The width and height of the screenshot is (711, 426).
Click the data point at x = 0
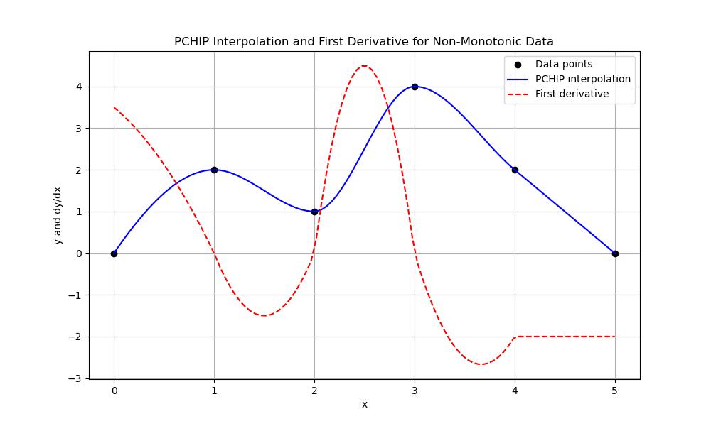click(x=114, y=253)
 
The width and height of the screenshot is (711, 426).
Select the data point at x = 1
click(x=214, y=170)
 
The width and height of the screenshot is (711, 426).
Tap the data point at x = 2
click(x=314, y=212)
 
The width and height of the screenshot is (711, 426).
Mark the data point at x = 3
click(x=415, y=87)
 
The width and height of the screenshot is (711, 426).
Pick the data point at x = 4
click(x=515, y=170)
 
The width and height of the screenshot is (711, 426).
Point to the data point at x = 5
click(x=615, y=253)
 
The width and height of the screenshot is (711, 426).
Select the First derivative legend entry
click(x=572, y=94)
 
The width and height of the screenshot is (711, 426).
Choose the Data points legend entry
click(x=563, y=64)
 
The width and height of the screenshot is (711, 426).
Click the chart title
click(x=364, y=42)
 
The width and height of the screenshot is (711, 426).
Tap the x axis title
click(x=364, y=404)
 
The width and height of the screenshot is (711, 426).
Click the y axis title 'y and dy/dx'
click(x=58, y=215)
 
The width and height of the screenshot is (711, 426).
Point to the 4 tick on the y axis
click(x=80, y=87)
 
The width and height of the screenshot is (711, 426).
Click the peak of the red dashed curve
click(x=364, y=66)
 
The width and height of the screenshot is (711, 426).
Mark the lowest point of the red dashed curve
click(x=481, y=364)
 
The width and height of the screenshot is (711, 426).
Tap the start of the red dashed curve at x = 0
click(x=114, y=107)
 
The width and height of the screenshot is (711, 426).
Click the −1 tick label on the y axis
click(x=76, y=295)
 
